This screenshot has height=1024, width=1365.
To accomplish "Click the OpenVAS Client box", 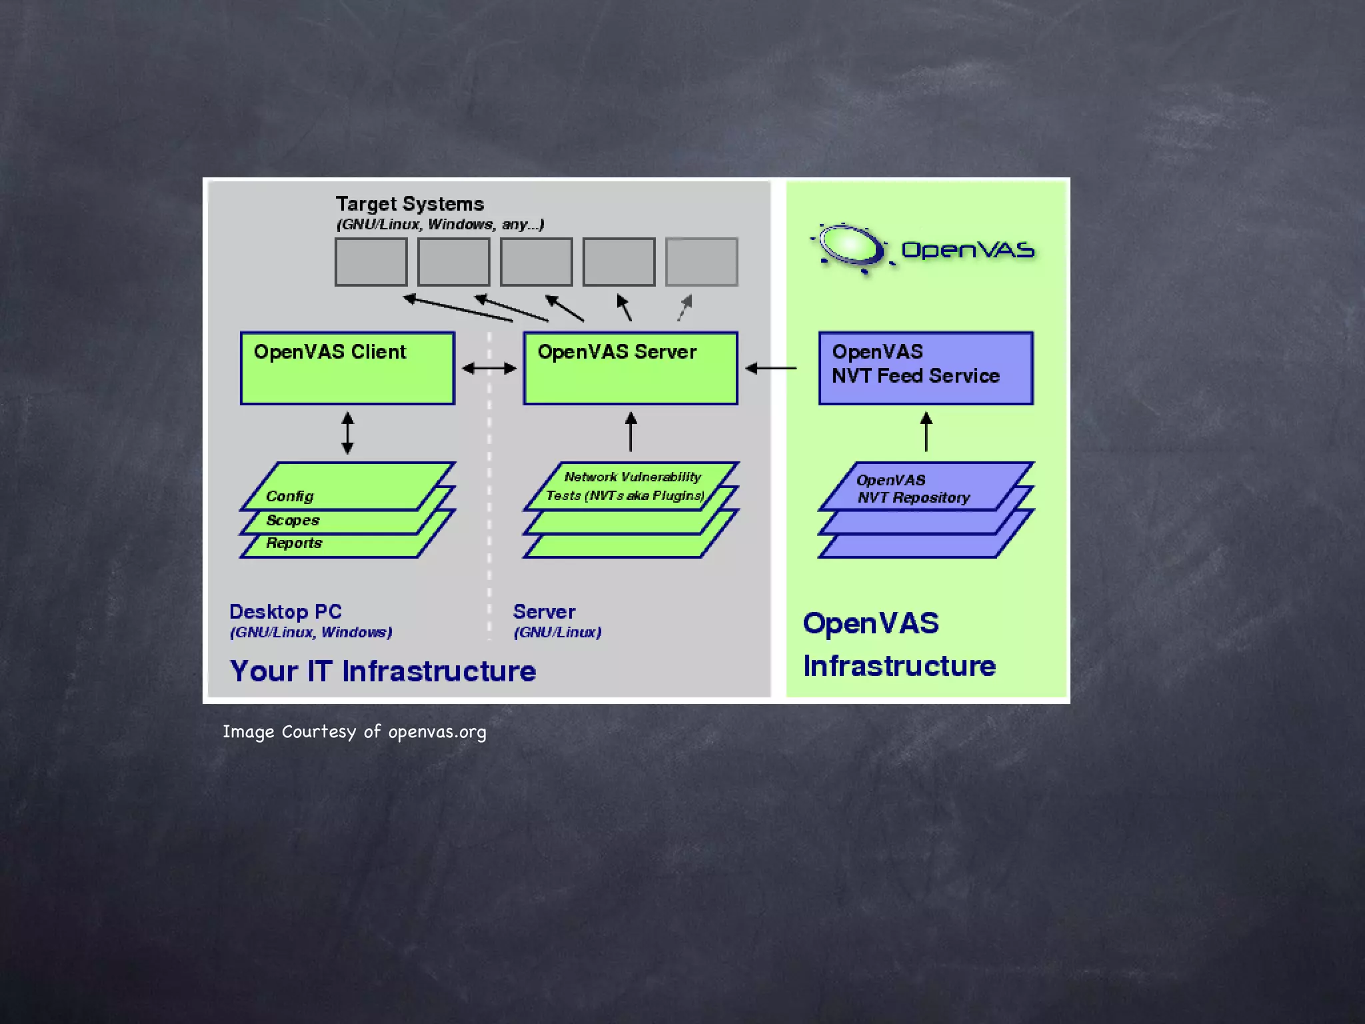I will point(347,368).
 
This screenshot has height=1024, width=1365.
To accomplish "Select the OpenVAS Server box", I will point(631,368).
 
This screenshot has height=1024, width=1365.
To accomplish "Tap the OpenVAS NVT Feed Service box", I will point(926,368).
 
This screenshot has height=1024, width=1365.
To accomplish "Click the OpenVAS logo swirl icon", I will point(850,246).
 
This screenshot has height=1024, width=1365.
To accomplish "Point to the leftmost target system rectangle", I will point(371,262).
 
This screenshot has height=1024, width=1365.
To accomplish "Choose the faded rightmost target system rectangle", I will point(701,262).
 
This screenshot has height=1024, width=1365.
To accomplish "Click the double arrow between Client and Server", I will point(489,368).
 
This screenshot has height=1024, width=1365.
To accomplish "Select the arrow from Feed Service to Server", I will point(771,368).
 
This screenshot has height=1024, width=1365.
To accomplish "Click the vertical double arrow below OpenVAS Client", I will point(347,433).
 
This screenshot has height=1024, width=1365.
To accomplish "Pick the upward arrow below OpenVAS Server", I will point(631,432).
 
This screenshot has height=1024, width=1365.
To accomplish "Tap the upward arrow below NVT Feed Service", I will point(926,432).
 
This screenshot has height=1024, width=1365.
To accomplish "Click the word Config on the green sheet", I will point(289,496).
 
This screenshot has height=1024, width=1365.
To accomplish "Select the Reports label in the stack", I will point(294,543).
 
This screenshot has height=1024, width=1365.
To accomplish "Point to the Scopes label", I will point(293,520).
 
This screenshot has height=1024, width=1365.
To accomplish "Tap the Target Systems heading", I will point(409,204).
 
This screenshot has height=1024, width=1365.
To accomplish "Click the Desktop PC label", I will point(285,611).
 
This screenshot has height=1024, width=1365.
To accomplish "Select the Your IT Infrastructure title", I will point(383,671).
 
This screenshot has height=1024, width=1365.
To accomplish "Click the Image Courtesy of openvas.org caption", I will point(354,732).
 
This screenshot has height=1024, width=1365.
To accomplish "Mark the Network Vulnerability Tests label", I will point(627,486).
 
